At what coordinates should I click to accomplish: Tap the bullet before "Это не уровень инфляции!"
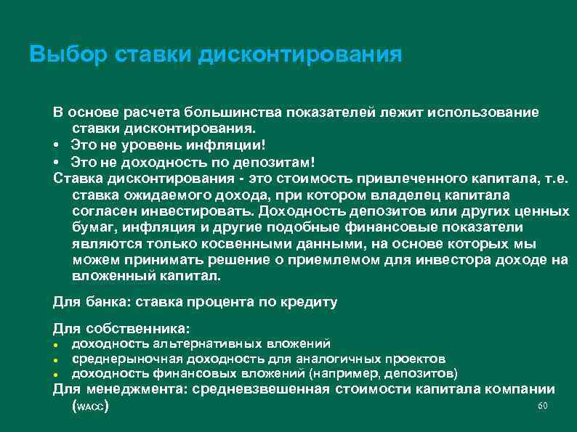click(56, 144)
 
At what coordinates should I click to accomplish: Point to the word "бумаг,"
click(92, 228)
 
